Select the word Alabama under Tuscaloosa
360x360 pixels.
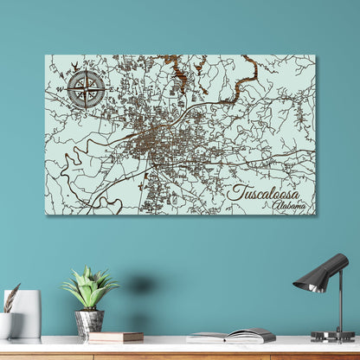[x=288, y=206]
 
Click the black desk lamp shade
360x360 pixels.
[x=313, y=274]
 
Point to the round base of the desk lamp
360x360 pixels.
[x=332, y=336]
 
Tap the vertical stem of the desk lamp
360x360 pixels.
[x=338, y=299]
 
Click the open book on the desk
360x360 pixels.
[x=231, y=335]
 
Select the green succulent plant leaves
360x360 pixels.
[x=89, y=290]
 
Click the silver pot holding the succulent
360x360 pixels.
[x=88, y=322]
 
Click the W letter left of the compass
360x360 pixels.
[x=60, y=88]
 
